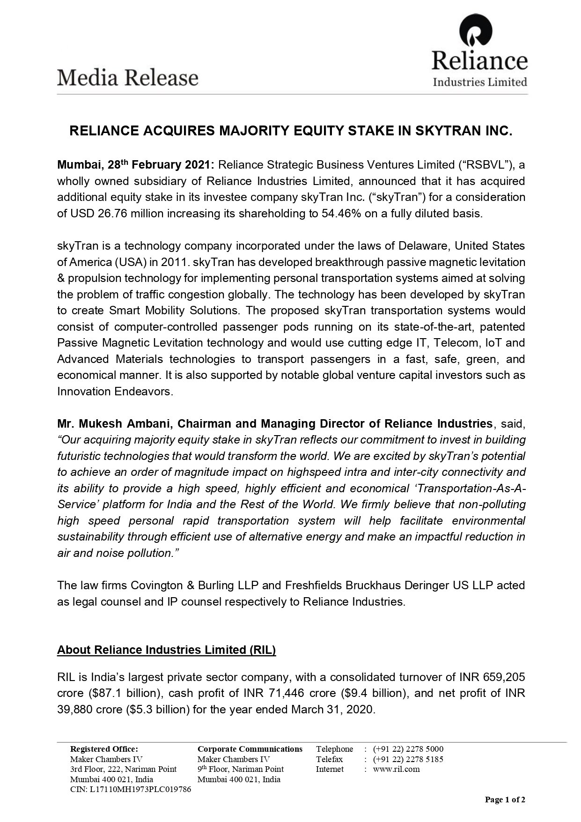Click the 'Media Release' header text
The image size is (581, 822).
(x=128, y=78)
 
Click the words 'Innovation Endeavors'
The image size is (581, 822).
(x=115, y=392)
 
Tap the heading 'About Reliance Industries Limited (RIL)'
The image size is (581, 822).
(x=166, y=650)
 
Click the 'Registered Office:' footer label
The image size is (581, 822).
(x=104, y=749)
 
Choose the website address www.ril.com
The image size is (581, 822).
(x=396, y=769)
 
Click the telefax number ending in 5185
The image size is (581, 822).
(x=408, y=759)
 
